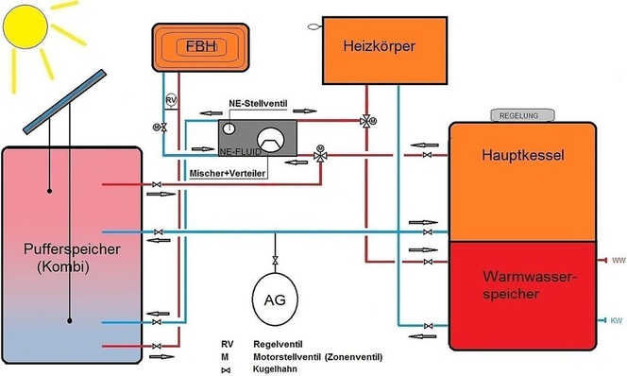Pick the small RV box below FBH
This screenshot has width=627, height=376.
(170, 100)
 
